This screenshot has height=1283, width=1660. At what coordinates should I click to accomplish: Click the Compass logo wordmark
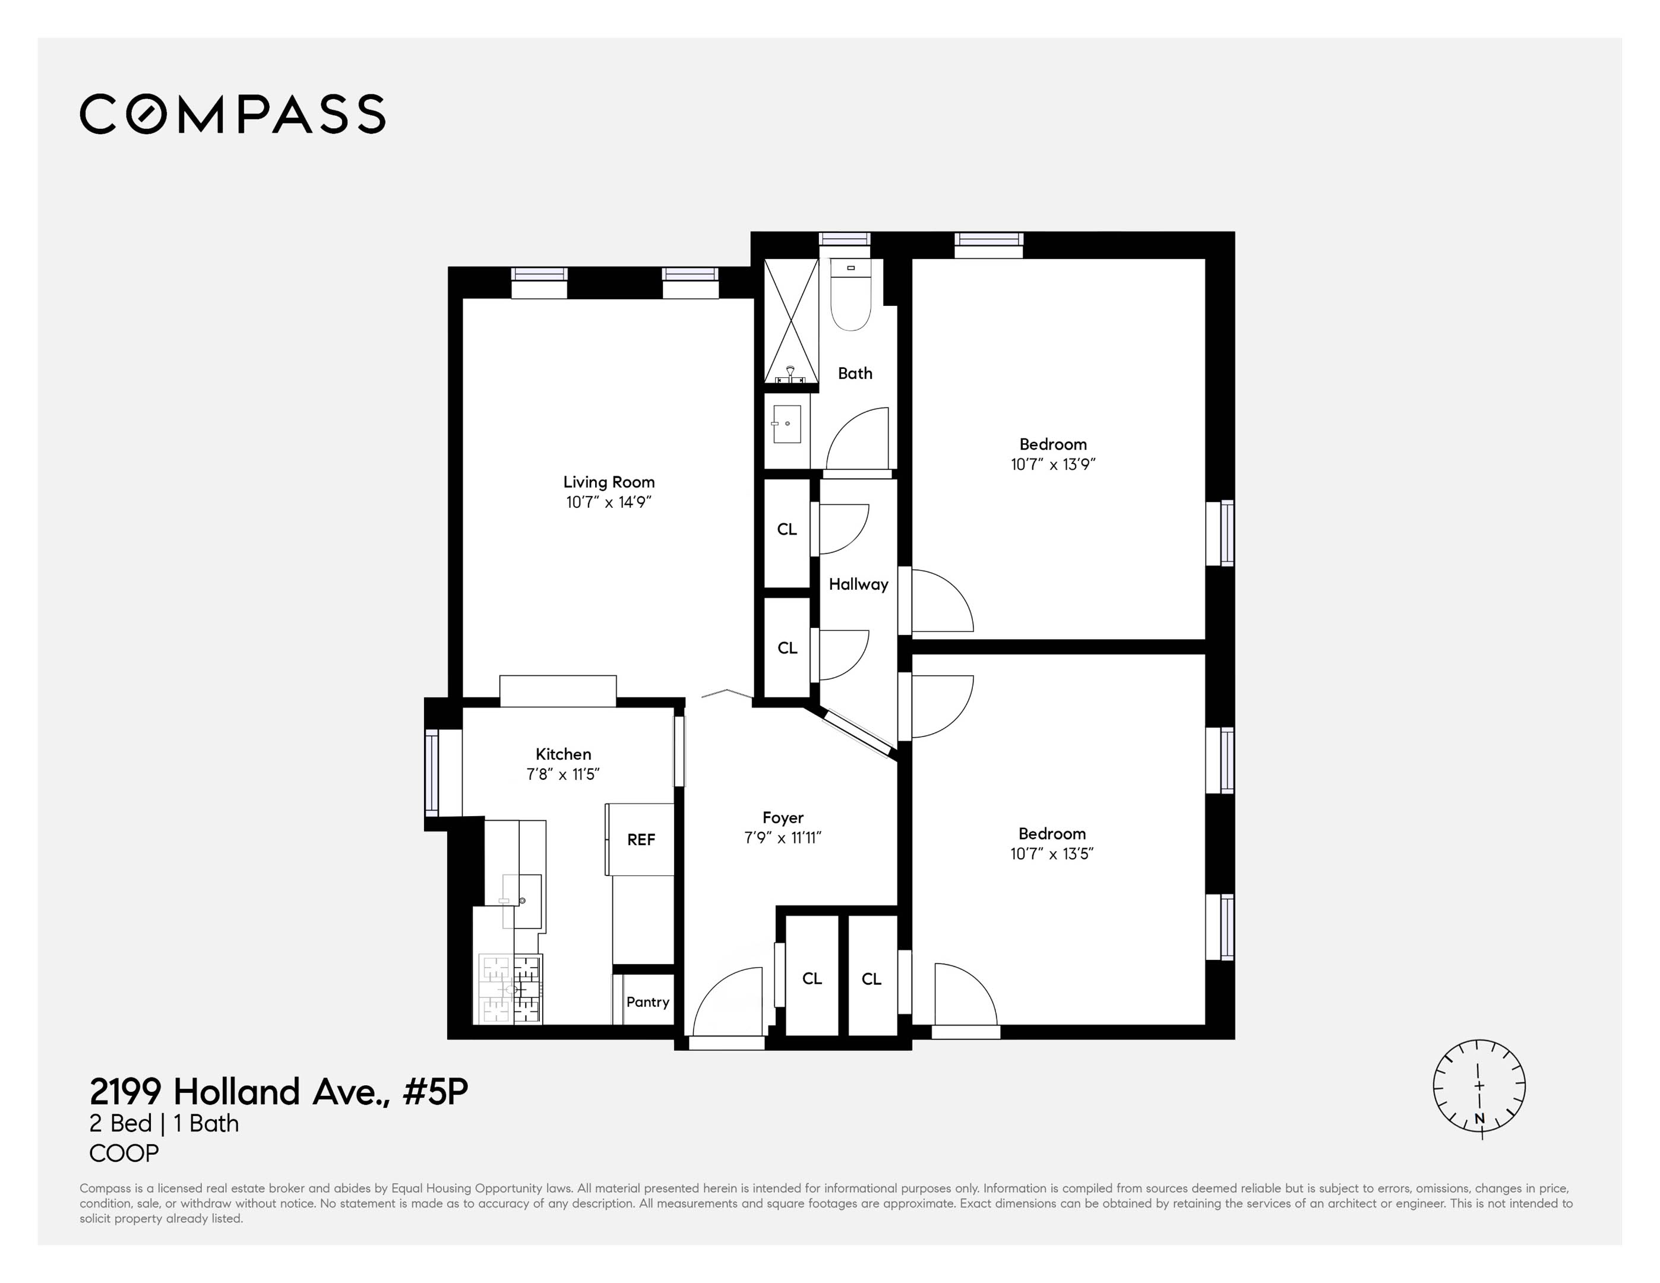pos(233,114)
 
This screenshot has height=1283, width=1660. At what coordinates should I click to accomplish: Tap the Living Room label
pos(609,482)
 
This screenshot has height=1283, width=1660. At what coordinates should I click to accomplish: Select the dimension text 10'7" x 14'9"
pos(609,503)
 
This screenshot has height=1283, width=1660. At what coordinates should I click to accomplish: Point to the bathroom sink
pos(786,424)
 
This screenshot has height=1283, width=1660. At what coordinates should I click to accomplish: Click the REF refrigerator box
pos(641,839)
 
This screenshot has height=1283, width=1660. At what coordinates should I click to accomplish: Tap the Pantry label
pos(647,1002)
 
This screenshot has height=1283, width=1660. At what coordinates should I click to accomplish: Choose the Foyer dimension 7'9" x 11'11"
pos(783,838)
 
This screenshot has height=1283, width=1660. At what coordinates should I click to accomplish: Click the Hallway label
pos(858,584)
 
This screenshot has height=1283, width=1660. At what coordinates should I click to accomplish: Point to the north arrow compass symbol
pos(1479,1087)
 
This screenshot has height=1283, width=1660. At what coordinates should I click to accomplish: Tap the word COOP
pos(124,1154)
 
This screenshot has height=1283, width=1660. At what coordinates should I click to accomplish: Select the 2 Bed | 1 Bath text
pos(164,1123)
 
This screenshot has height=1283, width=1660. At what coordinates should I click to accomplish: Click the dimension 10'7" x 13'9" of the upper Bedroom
pos(1052,464)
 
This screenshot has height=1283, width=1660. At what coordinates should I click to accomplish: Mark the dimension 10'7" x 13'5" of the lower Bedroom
pos(1052,854)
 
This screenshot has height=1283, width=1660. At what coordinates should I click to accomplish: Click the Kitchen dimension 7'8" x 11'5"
pos(563,775)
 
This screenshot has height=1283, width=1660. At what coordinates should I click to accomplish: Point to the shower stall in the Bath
pos(791,321)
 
